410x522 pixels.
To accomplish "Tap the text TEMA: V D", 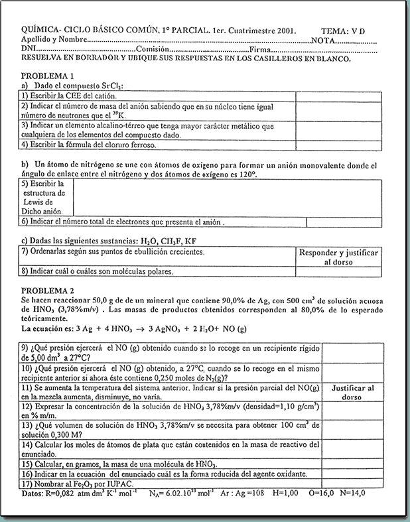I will click(x=342, y=31).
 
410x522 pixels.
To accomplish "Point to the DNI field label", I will click(x=29, y=50).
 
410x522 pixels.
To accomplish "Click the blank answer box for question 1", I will click(x=338, y=96).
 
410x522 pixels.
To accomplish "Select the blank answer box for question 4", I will click(x=338, y=144).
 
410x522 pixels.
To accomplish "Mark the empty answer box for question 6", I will click(x=344, y=222).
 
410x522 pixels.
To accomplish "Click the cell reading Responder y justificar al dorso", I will click(x=338, y=257).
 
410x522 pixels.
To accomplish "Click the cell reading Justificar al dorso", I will click(x=352, y=393).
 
